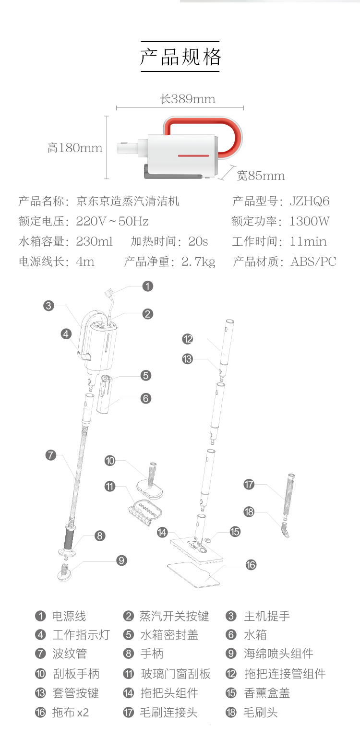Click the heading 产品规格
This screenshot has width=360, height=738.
(x=180, y=57)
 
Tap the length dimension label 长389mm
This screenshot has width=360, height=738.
(x=187, y=99)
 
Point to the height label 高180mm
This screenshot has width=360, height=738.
(x=75, y=148)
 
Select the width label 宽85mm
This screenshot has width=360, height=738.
(x=261, y=176)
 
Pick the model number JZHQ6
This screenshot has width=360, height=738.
(x=310, y=201)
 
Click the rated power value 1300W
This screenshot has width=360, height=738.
(x=310, y=221)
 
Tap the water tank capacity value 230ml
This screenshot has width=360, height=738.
(x=94, y=241)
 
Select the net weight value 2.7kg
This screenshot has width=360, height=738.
(x=198, y=262)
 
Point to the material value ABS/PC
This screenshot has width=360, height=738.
(x=313, y=262)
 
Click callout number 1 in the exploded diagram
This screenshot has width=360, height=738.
(x=148, y=286)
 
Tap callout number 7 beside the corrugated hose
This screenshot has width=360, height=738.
(x=51, y=455)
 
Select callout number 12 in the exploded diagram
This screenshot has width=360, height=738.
(x=188, y=339)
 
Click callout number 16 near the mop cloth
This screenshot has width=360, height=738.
(x=251, y=565)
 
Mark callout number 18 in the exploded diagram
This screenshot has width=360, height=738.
(x=249, y=512)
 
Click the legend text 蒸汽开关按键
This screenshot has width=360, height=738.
(x=174, y=616)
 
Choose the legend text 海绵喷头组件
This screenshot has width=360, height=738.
(x=278, y=654)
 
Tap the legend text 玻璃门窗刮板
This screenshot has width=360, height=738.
(x=176, y=674)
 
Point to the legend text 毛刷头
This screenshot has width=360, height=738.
(x=261, y=712)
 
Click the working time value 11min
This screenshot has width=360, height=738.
(x=308, y=241)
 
